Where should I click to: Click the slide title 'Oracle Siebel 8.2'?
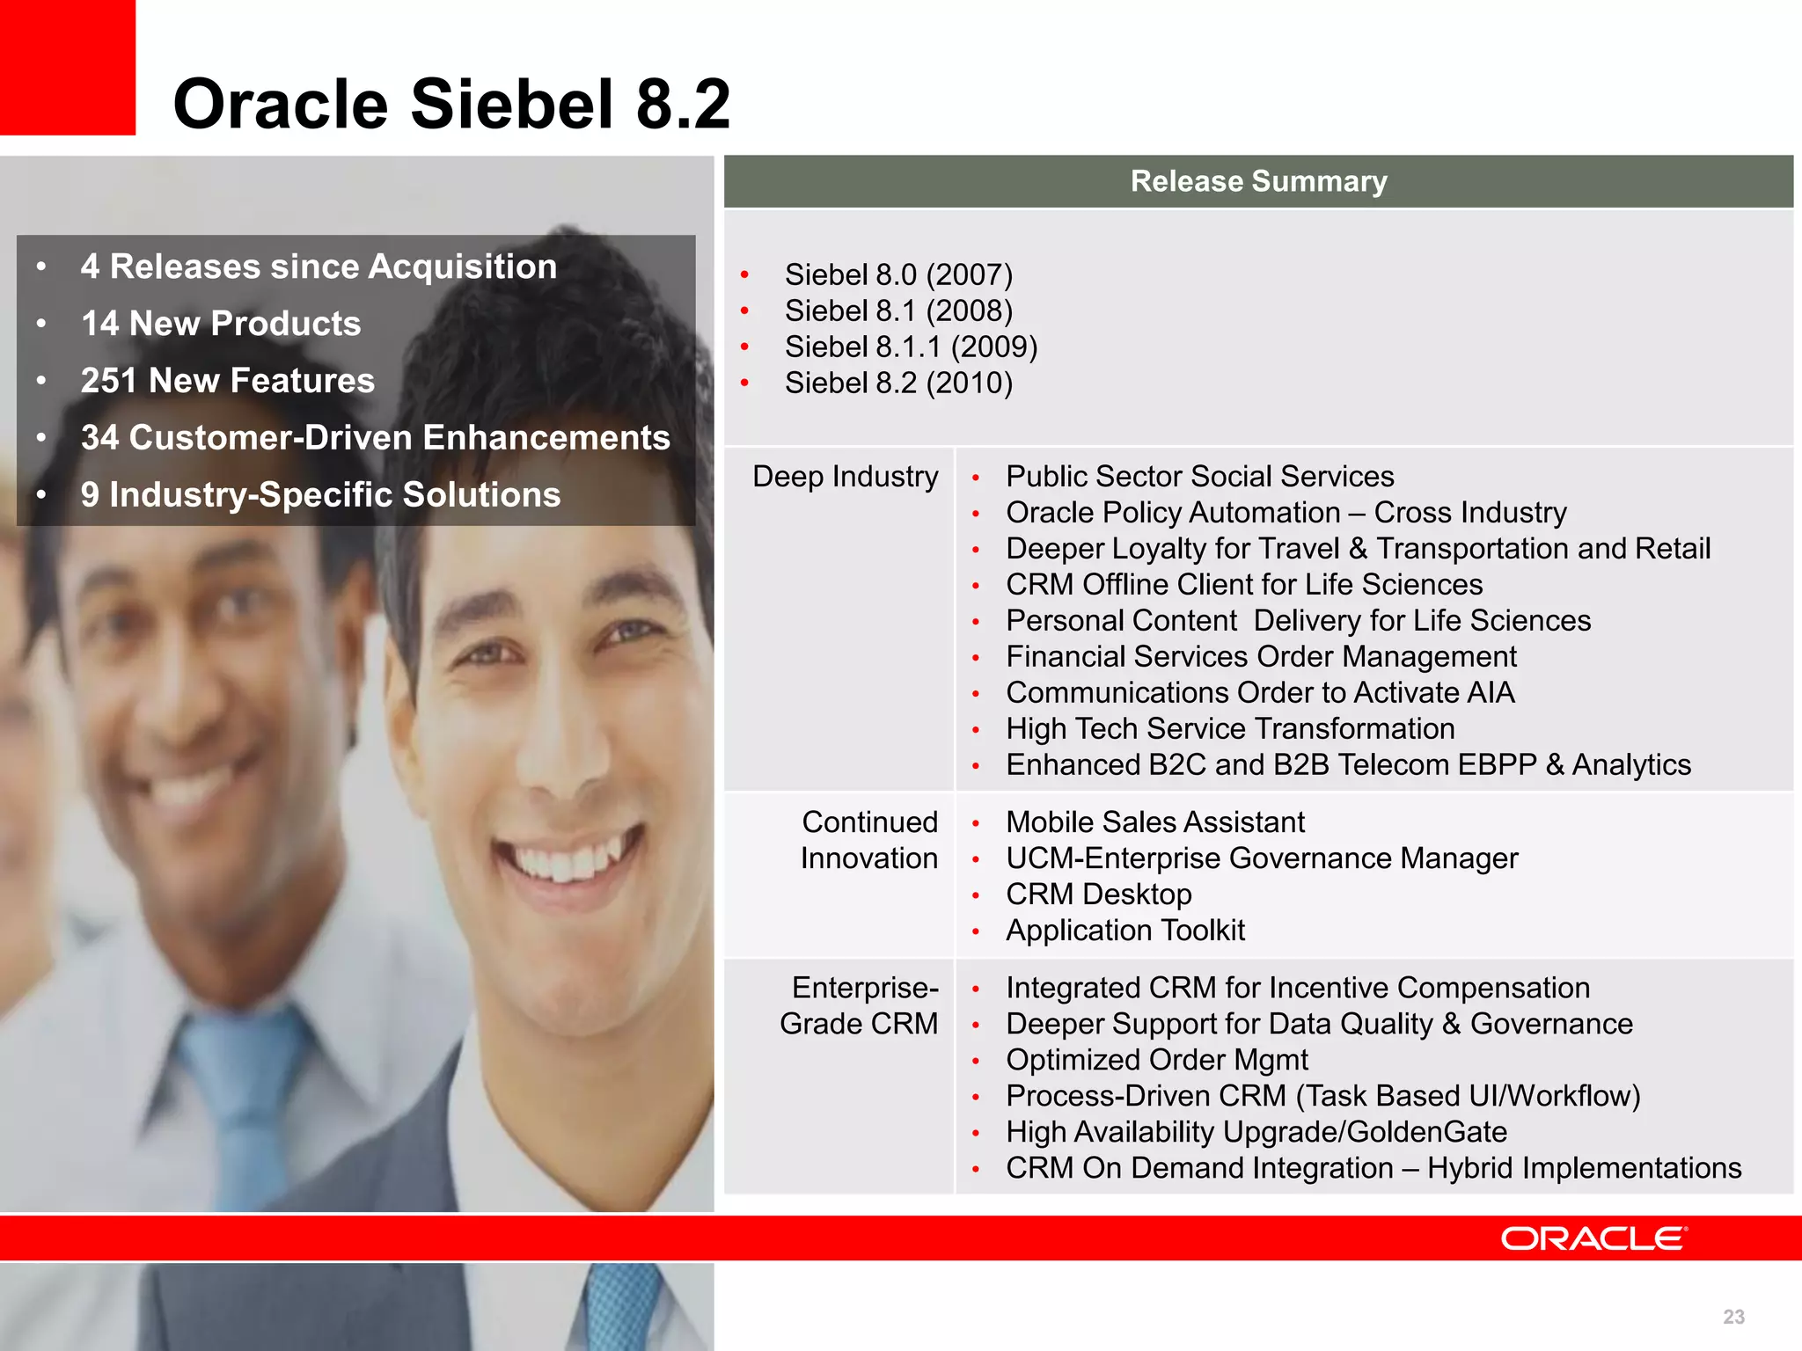pyautogui.click(x=451, y=104)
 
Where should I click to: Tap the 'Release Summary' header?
pyautogui.click(x=1258, y=181)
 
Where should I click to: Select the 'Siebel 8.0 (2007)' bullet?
pyautogui.click(x=898, y=274)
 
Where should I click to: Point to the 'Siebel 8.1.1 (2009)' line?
pyautogui.click(x=911, y=347)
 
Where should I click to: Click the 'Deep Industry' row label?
pyautogui.click(x=845, y=477)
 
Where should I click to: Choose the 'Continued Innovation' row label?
pyautogui.click(x=868, y=840)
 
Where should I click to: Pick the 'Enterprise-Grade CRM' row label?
pyautogui.click(x=859, y=1005)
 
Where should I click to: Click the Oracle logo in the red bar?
pyautogui.click(x=1593, y=1238)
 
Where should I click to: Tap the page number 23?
pyautogui.click(x=1733, y=1317)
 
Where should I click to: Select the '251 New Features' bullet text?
pyautogui.click(x=227, y=381)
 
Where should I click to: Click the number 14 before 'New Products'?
pyautogui.click(x=99, y=324)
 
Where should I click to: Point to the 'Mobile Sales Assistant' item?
pyautogui.click(x=1154, y=822)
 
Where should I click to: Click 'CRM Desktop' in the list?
pyautogui.click(x=1098, y=895)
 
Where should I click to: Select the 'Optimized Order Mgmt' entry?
pyautogui.click(x=1156, y=1060)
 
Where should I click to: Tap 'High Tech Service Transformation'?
pyautogui.click(x=1230, y=729)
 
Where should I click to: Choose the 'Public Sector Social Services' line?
pyautogui.click(x=1199, y=477)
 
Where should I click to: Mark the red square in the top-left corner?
pyautogui.click(x=67, y=67)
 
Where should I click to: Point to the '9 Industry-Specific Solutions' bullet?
pyautogui.click(x=320, y=495)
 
